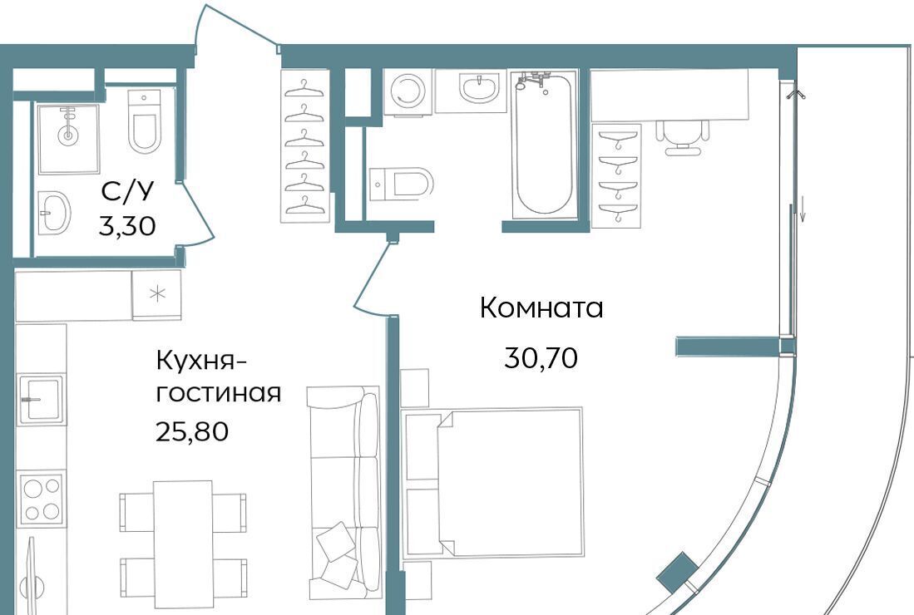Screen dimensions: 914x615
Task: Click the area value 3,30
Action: tap(127, 226)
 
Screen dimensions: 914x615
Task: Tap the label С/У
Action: tap(127, 191)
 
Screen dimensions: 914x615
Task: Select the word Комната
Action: tap(541, 308)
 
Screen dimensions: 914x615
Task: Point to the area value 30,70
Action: tap(541, 357)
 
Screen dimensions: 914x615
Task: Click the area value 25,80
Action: tap(192, 432)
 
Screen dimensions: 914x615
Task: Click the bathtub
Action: tap(544, 145)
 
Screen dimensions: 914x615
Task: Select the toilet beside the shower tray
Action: tap(143, 121)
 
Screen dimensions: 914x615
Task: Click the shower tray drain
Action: tap(69, 136)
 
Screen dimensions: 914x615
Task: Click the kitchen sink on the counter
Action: tap(41, 399)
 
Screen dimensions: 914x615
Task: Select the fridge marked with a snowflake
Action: tap(157, 295)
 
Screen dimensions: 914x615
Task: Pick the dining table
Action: tap(183, 544)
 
